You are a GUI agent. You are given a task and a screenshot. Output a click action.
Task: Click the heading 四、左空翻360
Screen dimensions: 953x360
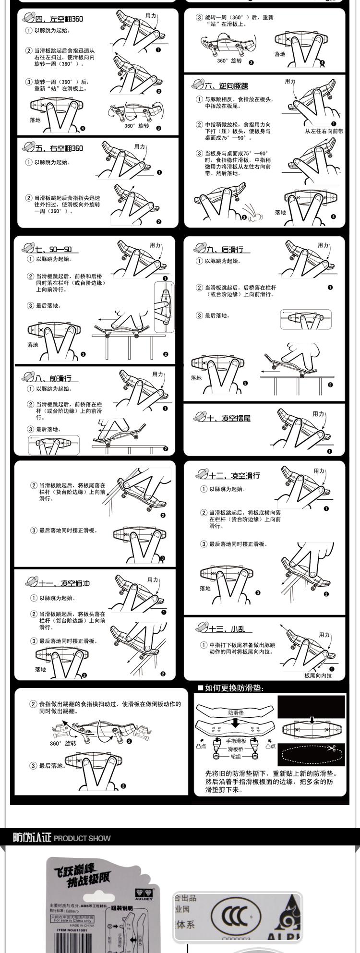[59, 19]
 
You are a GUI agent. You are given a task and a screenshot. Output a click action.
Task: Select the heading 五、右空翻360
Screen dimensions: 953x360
[59, 148]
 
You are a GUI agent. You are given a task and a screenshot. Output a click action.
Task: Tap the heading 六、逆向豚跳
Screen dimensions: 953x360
[227, 86]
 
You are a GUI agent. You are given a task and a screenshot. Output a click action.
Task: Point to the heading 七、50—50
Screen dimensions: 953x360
[53, 249]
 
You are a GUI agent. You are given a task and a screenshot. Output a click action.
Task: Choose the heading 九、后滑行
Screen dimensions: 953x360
[225, 249]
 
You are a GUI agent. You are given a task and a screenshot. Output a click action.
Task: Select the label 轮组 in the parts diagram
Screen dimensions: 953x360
[236, 757]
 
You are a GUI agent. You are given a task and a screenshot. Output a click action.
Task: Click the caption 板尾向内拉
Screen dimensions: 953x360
[318, 676]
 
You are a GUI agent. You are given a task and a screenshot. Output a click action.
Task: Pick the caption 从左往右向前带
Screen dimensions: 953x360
[324, 131]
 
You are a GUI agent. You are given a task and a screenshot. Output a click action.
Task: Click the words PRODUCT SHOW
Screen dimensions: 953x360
[82, 839]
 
